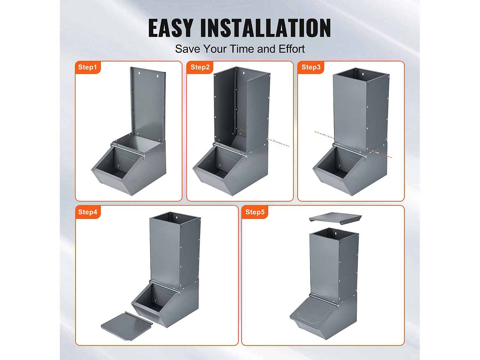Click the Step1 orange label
pos(87,67)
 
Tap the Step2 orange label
pos(200,67)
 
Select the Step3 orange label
pos(311,67)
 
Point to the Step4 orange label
pos(88,212)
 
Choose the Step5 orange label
pos(255,212)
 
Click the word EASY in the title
pos(171,28)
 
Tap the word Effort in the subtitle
pos(292,49)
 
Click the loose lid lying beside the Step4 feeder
pos(127,326)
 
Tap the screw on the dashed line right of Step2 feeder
pos(278,142)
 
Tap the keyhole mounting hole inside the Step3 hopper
pos(362,74)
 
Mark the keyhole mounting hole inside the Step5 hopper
pos(336,234)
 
